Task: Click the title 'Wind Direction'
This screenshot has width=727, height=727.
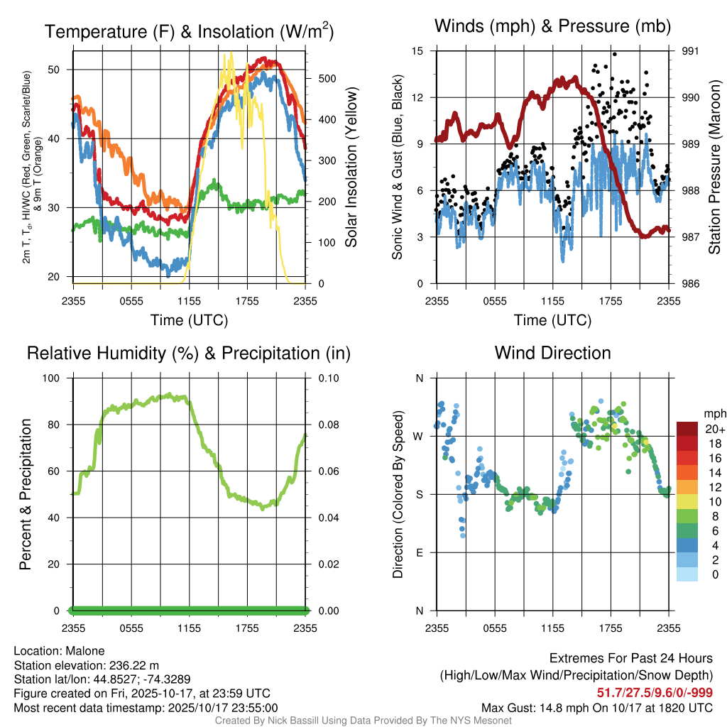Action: coord(552,353)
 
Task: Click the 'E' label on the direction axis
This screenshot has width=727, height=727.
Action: coord(420,552)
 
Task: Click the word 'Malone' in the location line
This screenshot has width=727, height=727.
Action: coord(85,651)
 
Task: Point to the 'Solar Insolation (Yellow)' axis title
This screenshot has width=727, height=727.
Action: coord(351,168)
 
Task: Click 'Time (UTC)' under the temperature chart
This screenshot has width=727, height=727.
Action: coord(189,320)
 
